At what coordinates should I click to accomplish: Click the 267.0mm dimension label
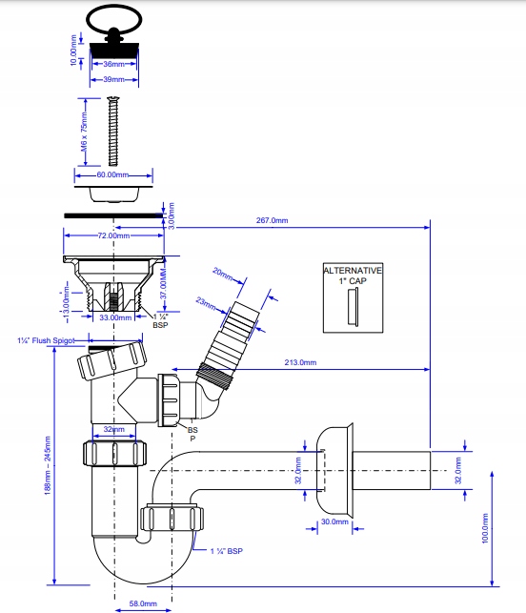pos(272,220)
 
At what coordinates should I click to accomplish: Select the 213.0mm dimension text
pos(301,361)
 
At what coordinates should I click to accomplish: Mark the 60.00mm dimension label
pos(113,174)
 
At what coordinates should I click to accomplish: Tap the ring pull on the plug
pos(115,17)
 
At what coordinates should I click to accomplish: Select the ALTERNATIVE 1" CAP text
pos(353,276)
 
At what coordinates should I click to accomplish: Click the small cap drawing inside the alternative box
pos(352,307)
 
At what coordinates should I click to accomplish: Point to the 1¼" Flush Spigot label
pos(47,340)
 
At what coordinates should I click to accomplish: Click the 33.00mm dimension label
pos(114,318)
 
